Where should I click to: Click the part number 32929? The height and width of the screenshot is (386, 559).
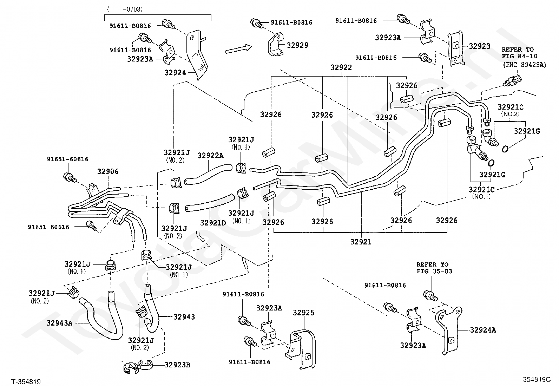[297, 45]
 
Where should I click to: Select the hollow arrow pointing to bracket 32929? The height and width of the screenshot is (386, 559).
[238, 49]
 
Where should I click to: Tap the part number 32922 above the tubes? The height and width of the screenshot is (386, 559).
[341, 67]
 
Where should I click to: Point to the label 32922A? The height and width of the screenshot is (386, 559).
[211, 156]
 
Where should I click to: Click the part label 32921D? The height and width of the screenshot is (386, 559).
[213, 223]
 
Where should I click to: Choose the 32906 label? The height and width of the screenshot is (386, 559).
[108, 171]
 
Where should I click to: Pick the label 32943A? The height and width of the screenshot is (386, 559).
[59, 323]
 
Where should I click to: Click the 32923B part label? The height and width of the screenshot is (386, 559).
[177, 365]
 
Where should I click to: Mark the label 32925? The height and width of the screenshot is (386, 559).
[303, 313]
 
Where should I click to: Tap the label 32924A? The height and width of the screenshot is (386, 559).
[483, 330]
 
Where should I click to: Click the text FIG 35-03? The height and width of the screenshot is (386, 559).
[434, 271]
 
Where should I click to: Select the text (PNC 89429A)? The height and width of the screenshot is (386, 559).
[525, 65]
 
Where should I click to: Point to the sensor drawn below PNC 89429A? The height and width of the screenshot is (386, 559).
[512, 81]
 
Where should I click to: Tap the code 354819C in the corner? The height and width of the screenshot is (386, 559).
[537, 379]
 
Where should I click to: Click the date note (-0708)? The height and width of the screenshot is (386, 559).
[125, 9]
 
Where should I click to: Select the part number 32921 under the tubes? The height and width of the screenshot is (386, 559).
[361, 242]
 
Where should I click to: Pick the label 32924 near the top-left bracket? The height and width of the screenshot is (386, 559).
[175, 73]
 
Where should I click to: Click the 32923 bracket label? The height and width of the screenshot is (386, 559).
[480, 46]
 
